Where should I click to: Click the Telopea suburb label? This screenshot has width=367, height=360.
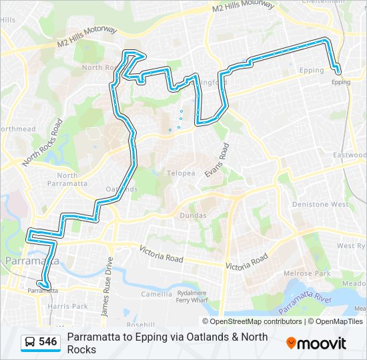(181, 173)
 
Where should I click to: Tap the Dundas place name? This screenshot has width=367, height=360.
(194, 215)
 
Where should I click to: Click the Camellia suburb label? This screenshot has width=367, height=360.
(157, 293)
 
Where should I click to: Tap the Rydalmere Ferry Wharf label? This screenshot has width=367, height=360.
(191, 297)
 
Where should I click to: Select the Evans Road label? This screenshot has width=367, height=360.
(217, 161)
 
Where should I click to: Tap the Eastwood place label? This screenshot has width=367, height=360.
(350, 155)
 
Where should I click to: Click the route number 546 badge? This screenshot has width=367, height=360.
(48, 342)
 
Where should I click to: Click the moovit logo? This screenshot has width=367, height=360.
(316, 343)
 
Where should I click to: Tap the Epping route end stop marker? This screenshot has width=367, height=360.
(338, 71)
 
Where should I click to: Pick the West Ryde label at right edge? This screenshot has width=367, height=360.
(351, 246)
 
